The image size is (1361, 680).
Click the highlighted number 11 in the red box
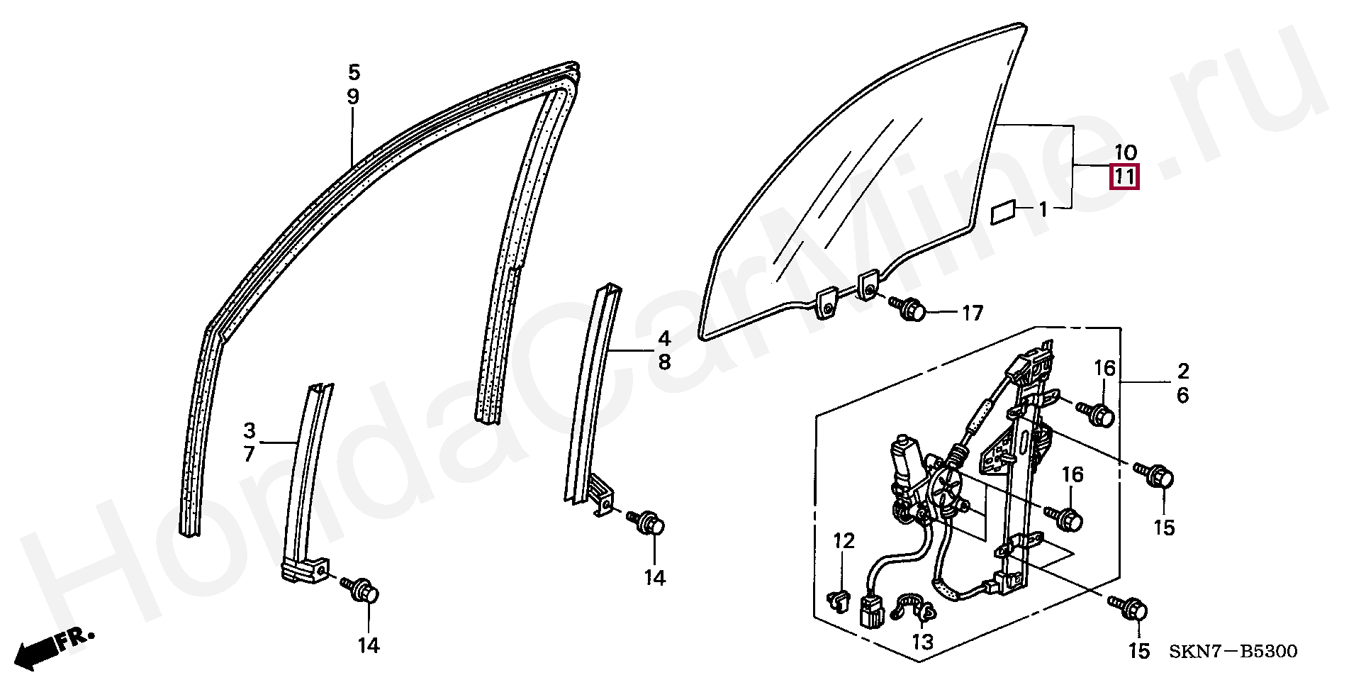click(1125, 177)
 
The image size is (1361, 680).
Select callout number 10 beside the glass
click(1125, 152)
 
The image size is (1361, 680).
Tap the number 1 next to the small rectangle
click(1043, 209)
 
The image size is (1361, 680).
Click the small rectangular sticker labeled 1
click(1003, 212)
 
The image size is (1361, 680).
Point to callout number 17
click(973, 312)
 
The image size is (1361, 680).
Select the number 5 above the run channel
click(354, 72)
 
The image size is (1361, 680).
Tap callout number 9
click(353, 96)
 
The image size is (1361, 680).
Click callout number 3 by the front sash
click(249, 430)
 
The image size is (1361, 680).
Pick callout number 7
click(249, 454)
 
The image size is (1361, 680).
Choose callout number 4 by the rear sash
click(664, 338)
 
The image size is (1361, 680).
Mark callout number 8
click(664, 362)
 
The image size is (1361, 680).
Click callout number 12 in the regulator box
click(844, 542)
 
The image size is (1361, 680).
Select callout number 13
click(923, 642)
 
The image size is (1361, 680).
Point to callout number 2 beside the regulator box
click(1182, 371)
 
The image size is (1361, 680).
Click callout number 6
click(1182, 395)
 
